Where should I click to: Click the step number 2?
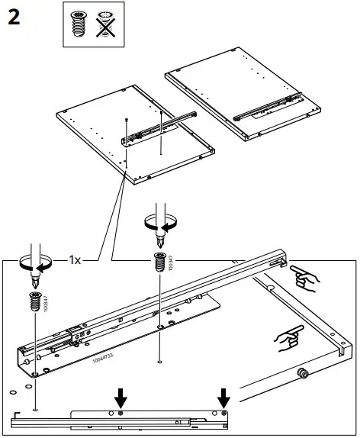(x=14, y=18)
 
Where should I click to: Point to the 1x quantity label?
(x=74, y=259)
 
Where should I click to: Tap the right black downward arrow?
(x=223, y=398)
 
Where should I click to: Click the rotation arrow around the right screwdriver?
(x=159, y=222)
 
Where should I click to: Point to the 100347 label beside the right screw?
(x=172, y=264)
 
